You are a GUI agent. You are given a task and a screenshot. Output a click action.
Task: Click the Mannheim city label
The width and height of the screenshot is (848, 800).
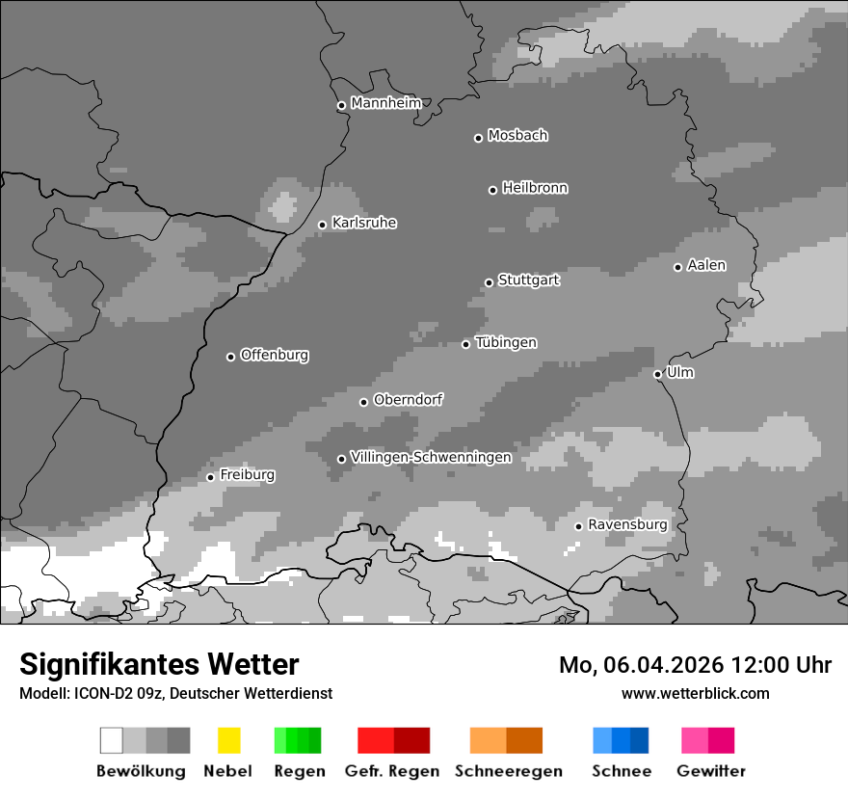[x=385, y=103]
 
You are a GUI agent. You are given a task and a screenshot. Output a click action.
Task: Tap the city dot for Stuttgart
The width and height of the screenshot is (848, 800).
[x=489, y=282]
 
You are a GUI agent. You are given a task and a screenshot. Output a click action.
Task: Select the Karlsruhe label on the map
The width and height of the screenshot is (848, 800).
[x=364, y=223]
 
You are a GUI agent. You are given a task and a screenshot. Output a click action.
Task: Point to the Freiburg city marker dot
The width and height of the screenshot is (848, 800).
[x=210, y=477]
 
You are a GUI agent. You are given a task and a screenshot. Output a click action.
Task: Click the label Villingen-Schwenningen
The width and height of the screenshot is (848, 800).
[x=431, y=457]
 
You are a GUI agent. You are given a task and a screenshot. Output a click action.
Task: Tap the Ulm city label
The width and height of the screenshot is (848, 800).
[x=680, y=372]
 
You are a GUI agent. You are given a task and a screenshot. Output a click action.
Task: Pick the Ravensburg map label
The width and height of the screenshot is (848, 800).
[x=627, y=524]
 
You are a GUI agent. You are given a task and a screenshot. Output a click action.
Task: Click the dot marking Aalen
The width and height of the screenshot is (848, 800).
[x=677, y=267]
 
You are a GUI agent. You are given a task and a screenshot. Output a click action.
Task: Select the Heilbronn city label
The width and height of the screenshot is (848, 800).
[x=535, y=188]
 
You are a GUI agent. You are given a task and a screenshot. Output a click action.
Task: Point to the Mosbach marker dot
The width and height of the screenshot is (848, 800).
[x=478, y=138]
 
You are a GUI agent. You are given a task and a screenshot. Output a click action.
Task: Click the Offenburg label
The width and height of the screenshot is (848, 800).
[x=275, y=355]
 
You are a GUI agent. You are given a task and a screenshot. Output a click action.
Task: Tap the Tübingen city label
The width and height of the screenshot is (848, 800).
[x=506, y=342]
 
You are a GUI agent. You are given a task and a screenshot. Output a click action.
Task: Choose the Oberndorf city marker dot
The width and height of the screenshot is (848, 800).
[x=363, y=402]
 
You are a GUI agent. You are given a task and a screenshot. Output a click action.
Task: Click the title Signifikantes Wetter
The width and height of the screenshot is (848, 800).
[x=159, y=664]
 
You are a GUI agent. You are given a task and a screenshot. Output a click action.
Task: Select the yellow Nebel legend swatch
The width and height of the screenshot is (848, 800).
[x=228, y=740]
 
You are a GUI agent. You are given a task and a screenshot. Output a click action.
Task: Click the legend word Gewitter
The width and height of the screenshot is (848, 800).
[x=711, y=771]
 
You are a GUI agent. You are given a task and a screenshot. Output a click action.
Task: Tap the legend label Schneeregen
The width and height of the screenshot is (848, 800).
[x=509, y=771]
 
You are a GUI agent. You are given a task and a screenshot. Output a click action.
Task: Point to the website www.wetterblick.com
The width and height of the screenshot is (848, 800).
[x=695, y=693]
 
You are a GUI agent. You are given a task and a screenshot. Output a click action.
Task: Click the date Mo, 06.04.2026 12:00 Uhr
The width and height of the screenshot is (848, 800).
[x=695, y=665]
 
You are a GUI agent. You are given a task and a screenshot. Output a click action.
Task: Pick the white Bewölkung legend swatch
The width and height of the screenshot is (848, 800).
[x=111, y=740]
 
